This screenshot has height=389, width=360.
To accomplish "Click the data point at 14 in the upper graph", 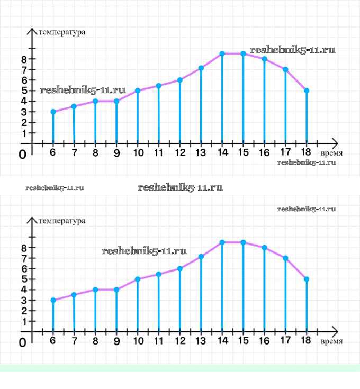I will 222,53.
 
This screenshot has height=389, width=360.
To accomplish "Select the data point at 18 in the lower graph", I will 307,279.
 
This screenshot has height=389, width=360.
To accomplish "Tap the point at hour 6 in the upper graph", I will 53,112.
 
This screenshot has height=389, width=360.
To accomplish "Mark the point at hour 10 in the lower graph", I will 138,279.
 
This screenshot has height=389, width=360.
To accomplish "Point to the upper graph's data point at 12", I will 180,80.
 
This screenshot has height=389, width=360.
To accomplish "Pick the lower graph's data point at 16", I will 264,247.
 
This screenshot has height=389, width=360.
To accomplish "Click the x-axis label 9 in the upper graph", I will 116,153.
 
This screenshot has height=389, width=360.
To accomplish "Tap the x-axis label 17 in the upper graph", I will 285,153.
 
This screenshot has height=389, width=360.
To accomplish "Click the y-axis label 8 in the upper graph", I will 24,59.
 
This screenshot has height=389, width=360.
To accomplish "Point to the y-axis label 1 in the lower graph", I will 24,321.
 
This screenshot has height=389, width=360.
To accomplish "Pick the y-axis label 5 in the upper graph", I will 24,91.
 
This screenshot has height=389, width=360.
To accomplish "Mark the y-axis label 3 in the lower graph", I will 24,300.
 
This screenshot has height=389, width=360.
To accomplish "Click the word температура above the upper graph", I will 62,32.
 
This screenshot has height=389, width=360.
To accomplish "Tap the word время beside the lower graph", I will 331,341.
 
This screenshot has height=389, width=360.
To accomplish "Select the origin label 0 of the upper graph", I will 22,155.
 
